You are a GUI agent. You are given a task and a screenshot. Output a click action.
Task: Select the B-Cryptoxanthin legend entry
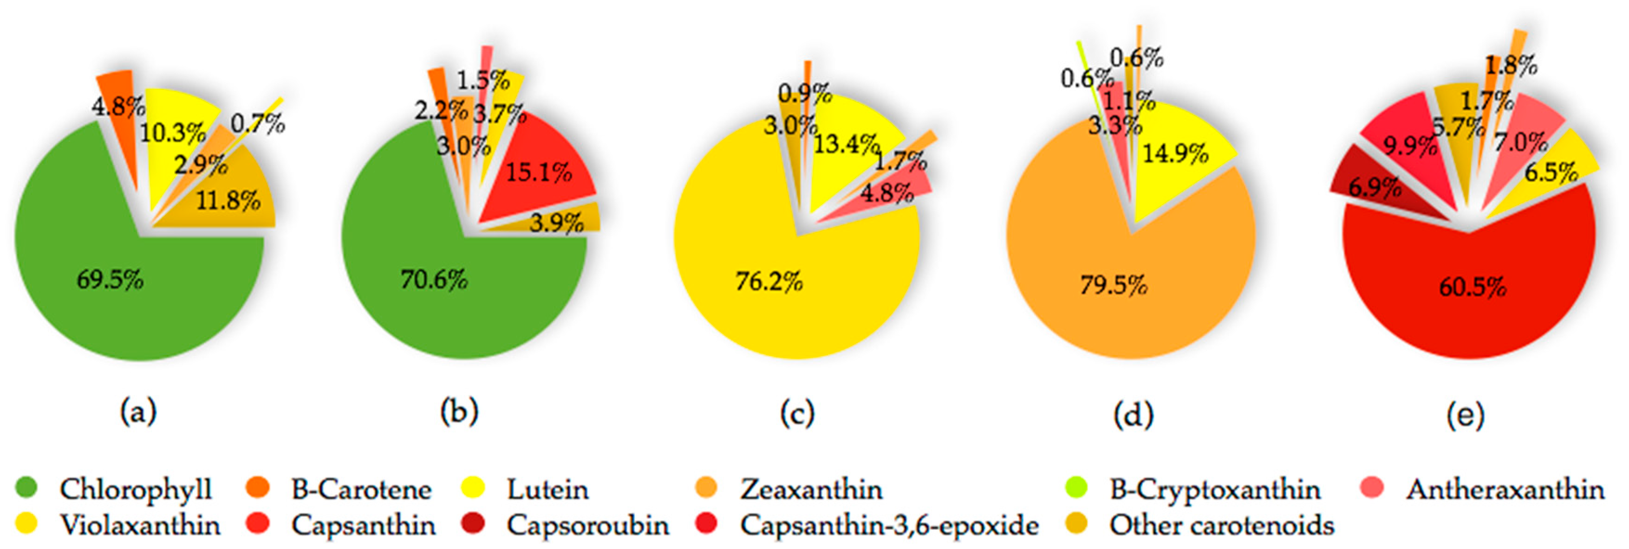click(1214, 490)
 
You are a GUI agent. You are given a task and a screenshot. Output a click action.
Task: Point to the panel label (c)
click(797, 414)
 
